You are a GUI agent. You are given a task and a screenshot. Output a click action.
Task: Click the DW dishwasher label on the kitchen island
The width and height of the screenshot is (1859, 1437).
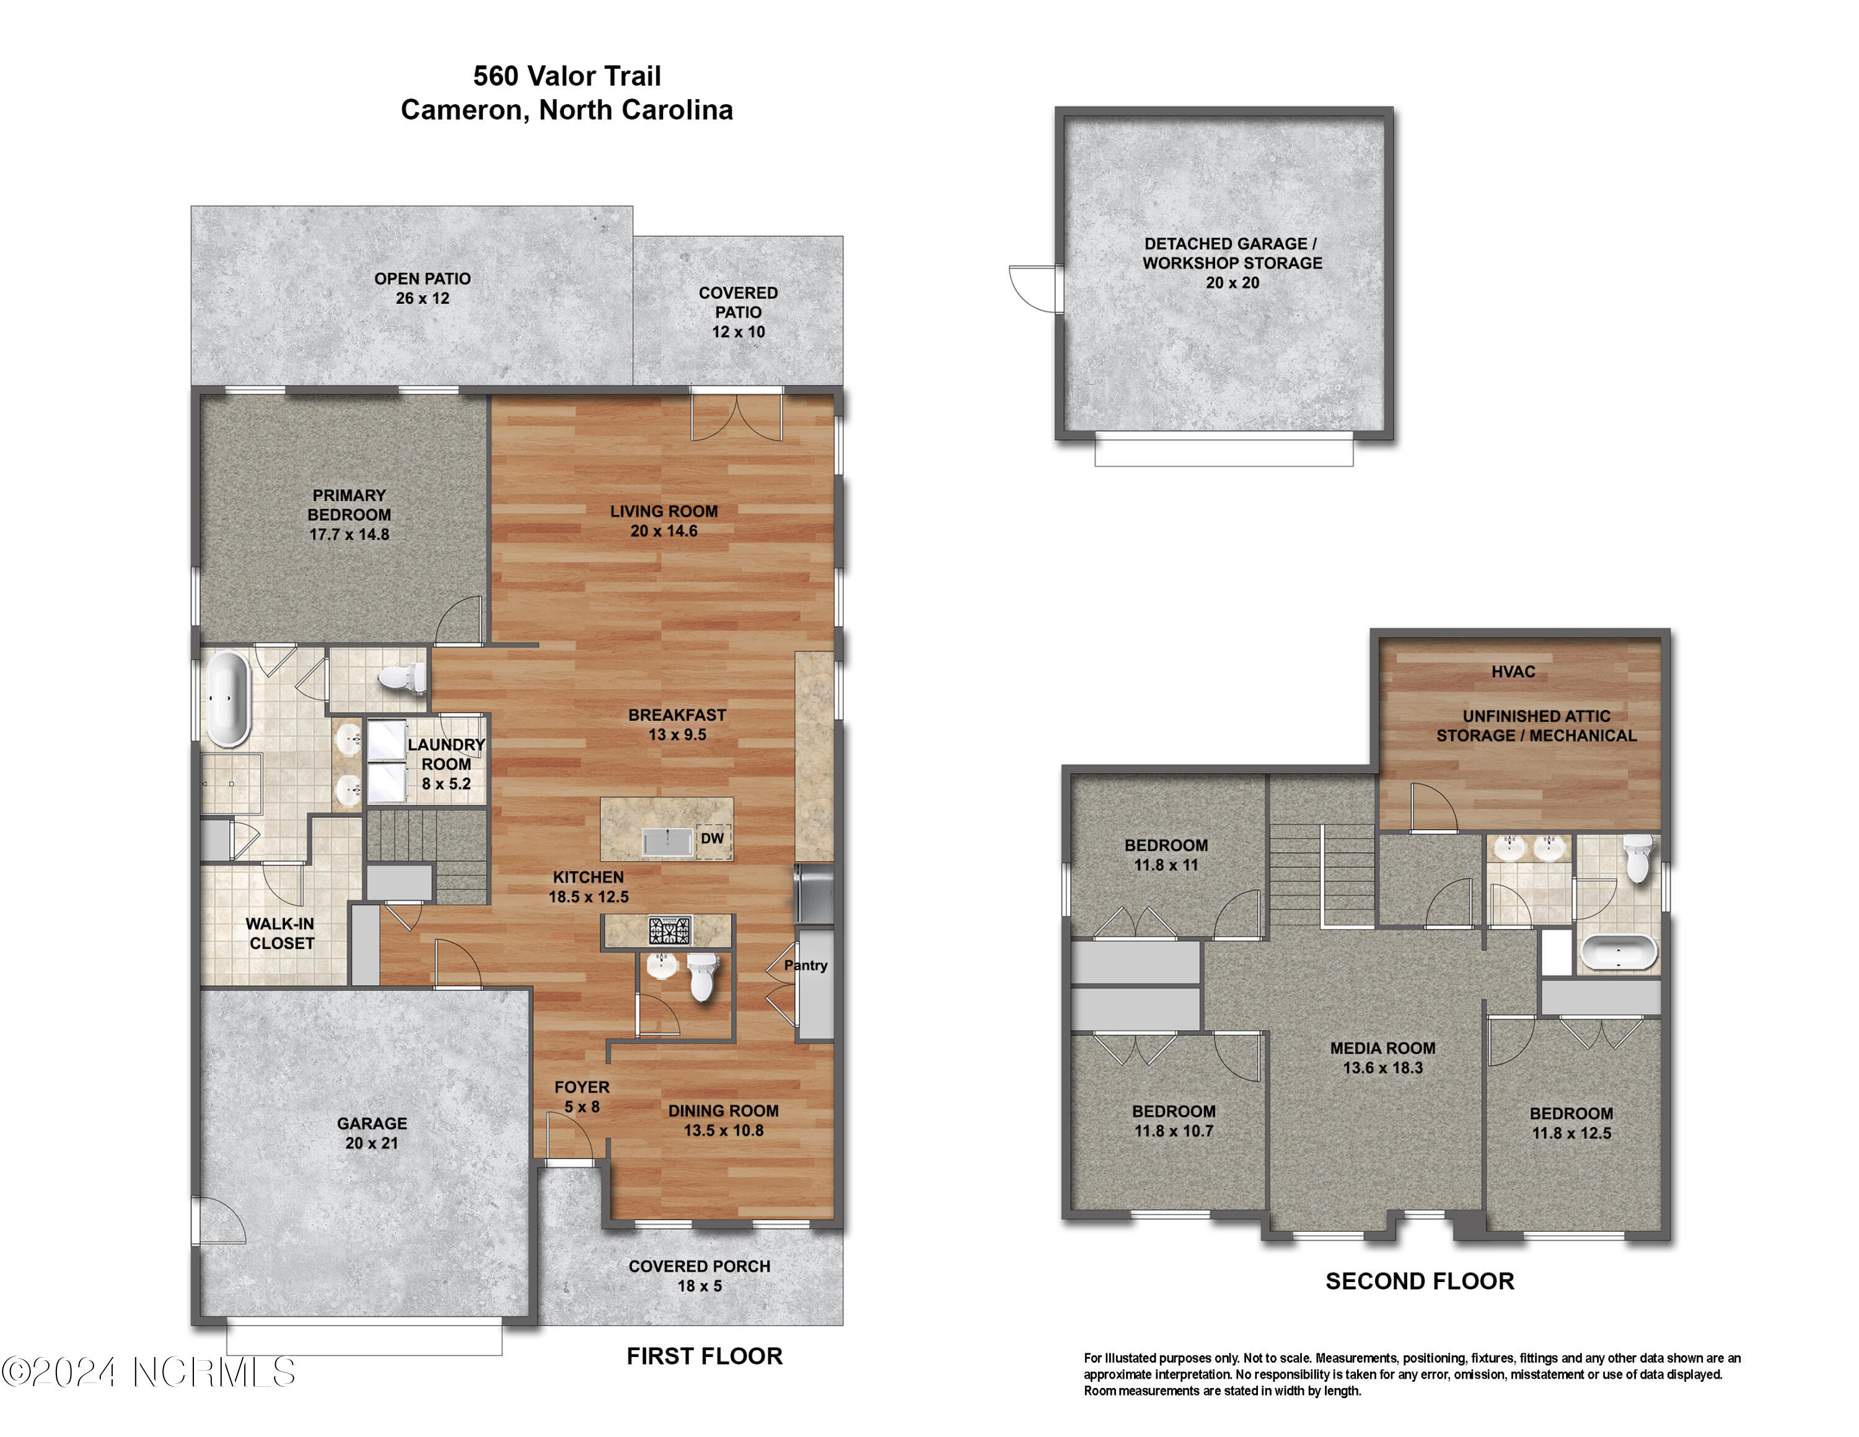[x=713, y=839]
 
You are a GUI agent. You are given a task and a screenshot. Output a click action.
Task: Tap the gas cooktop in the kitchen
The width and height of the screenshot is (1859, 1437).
[x=670, y=931]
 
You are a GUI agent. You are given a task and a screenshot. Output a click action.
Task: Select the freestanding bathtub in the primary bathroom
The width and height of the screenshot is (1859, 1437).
[x=227, y=698]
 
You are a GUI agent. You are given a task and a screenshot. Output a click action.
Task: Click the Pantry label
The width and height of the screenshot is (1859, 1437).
[x=805, y=965]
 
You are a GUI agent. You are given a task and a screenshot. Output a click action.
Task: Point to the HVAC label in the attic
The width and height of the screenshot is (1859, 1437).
[x=1513, y=671]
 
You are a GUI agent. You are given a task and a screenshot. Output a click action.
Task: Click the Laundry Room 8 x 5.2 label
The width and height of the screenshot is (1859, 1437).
[x=446, y=764]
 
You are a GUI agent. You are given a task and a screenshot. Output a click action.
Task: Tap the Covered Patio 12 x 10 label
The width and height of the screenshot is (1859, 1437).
[x=738, y=312]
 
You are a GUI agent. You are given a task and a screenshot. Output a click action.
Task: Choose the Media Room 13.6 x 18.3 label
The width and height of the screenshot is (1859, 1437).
[x=1382, y=1058]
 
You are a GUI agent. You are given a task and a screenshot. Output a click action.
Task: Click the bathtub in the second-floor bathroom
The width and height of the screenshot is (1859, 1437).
[x=1618, y=953]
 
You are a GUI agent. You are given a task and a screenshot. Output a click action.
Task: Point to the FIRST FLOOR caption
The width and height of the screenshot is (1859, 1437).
[x=704, y=1356]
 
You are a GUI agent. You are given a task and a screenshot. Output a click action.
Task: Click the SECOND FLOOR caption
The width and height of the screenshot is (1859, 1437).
[x=1419, y=1281]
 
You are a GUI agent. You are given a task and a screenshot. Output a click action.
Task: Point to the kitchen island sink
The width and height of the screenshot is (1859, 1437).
[x=668, y=842]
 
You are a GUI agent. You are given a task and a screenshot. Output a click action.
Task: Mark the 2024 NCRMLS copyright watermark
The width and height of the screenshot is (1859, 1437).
[x=149, y=1373]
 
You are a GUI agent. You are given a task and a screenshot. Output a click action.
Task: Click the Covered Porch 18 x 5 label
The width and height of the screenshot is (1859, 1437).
[x=699, y=1275]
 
